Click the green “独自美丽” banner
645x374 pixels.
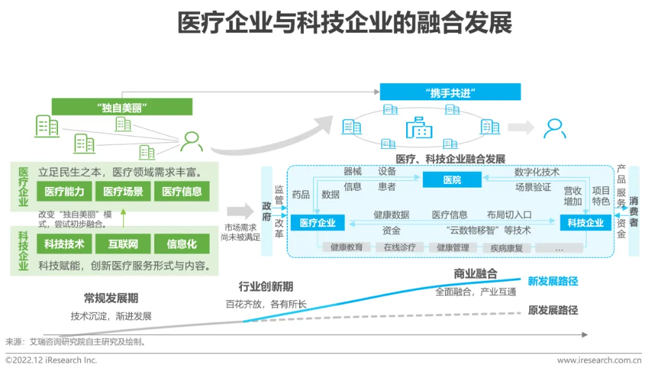122,107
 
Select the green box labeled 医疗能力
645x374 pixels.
64,192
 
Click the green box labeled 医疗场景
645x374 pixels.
123,192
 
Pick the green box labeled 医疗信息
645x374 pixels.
182,192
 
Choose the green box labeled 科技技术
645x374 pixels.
64,244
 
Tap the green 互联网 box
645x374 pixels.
123,244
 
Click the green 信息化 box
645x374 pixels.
182,244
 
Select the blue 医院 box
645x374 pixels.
452,180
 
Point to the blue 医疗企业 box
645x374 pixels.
318,223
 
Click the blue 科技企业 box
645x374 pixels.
585,223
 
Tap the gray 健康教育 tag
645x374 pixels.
346,247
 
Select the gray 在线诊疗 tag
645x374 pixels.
400,247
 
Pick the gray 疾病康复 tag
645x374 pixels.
506,247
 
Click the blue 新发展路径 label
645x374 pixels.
553,281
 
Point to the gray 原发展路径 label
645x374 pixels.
553,310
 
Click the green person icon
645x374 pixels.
191,142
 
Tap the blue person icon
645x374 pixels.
554,128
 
